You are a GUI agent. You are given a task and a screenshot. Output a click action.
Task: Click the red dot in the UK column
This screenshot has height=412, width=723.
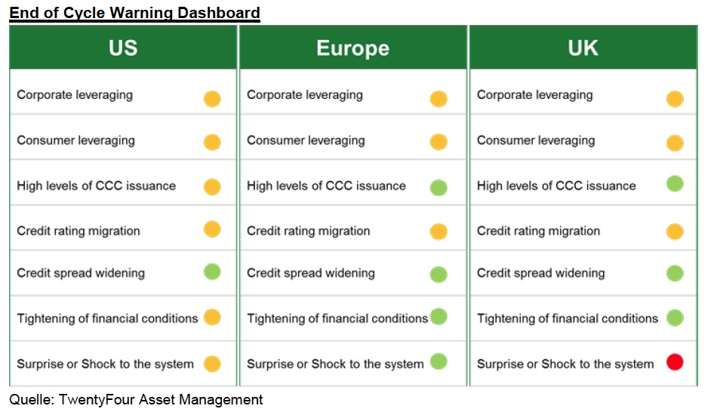coord(675,361)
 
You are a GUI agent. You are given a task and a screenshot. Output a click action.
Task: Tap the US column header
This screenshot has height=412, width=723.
coord(123,48)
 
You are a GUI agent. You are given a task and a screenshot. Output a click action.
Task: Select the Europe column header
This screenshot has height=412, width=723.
coord(352,48)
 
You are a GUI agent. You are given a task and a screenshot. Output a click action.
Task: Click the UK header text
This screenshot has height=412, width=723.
coord(583,48)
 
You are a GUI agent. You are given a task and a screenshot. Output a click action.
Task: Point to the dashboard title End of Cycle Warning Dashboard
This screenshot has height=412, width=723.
coord(134,12)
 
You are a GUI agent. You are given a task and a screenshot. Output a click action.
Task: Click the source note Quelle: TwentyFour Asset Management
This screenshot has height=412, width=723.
coord(136,399)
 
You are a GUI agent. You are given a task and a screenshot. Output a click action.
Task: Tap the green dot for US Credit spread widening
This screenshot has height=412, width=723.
coord(212,272)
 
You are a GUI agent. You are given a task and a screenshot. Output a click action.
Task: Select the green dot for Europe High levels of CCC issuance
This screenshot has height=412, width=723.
coord(438,188)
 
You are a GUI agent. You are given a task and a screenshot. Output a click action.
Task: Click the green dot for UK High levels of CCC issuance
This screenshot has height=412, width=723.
coord(675,184)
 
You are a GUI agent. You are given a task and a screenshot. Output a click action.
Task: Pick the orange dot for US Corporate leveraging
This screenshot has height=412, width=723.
coord(212,99)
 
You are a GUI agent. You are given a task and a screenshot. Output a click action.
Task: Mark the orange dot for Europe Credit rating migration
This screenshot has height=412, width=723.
coord(438,232)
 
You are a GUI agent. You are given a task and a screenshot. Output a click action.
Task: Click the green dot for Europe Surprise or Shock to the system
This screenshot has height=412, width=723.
coord(438,361)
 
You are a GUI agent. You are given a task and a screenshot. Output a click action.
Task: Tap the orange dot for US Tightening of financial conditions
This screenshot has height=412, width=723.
coord(212,317)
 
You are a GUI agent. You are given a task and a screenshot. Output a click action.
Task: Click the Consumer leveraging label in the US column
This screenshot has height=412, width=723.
coord(76,140)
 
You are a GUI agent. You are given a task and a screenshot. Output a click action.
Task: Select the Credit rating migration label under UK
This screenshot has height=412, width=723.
coord(539,231)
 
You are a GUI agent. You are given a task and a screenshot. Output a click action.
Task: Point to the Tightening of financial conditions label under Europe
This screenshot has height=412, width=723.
coord(337,318)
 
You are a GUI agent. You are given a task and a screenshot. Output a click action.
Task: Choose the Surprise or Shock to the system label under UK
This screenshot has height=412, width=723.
coord(565,364)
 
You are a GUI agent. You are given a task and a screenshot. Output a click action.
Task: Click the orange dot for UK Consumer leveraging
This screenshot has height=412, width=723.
coord(675,143)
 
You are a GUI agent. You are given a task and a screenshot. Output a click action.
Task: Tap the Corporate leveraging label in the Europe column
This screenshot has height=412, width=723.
coord(305,95)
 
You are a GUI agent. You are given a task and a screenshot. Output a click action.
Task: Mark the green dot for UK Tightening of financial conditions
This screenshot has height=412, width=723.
coord(675,318)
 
